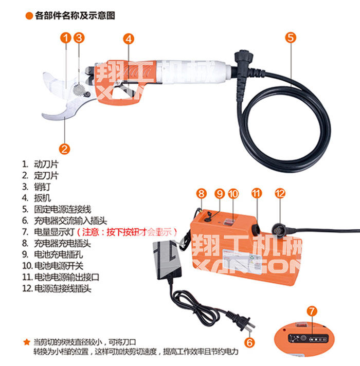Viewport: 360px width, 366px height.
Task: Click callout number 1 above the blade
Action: coord(66,38)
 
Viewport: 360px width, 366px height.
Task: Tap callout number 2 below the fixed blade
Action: coord(64,149)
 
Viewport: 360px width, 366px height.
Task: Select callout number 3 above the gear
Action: coord(79,38)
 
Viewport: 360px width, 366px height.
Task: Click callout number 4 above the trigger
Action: coord(129,39)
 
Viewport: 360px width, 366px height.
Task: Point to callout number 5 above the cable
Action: coord(291,38)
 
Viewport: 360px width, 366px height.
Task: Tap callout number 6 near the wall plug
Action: coord(249,342)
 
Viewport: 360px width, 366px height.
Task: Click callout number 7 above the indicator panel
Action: coord(312,311)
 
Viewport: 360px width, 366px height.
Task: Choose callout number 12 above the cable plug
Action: coord(280,193)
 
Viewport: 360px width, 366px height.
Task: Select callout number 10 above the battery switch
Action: coord(233,194)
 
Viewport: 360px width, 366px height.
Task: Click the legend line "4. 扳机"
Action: coord(37,198)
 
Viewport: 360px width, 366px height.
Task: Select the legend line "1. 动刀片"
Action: coord(40,164)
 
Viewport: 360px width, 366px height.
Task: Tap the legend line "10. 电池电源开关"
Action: coord(53,266)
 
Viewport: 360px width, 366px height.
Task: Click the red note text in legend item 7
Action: coord(127,232)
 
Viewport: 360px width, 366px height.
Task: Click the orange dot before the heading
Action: coord(29,16)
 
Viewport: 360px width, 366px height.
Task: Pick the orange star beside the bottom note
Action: coord(27,342)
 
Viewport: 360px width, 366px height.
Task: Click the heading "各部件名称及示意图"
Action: coord(75,15)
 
